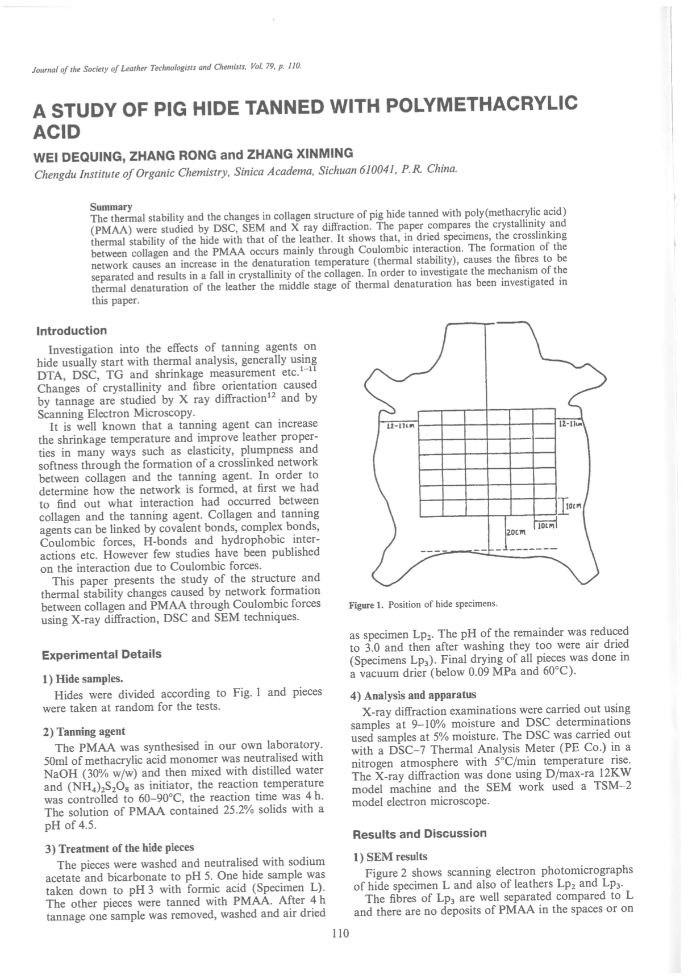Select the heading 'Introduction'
click(72, 331)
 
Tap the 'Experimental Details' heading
click(102, 654)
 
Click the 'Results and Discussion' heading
click(419, 834)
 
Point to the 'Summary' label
click(111, 207)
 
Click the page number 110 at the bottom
click(340, 933)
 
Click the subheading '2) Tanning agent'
click(84, 731)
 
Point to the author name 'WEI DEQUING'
click(78, 155)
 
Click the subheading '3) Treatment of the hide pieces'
click(119, 848)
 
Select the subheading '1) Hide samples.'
click(83, 678)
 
